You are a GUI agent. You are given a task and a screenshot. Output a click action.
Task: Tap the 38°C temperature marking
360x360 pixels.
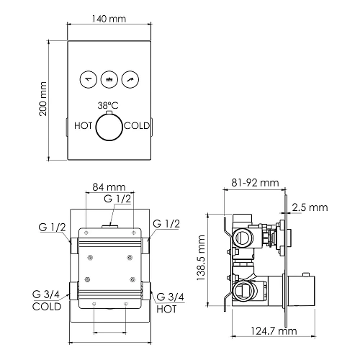(109, 104)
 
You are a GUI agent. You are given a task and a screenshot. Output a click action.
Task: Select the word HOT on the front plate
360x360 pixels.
(84, 125)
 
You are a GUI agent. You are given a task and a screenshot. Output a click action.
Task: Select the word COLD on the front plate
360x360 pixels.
(137, 125)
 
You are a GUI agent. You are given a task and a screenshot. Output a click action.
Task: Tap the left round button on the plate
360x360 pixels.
(88, 78)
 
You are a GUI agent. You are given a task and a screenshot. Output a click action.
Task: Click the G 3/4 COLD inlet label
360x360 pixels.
(46, 301)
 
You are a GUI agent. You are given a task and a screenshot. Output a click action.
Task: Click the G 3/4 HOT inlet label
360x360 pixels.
(171, 301)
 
